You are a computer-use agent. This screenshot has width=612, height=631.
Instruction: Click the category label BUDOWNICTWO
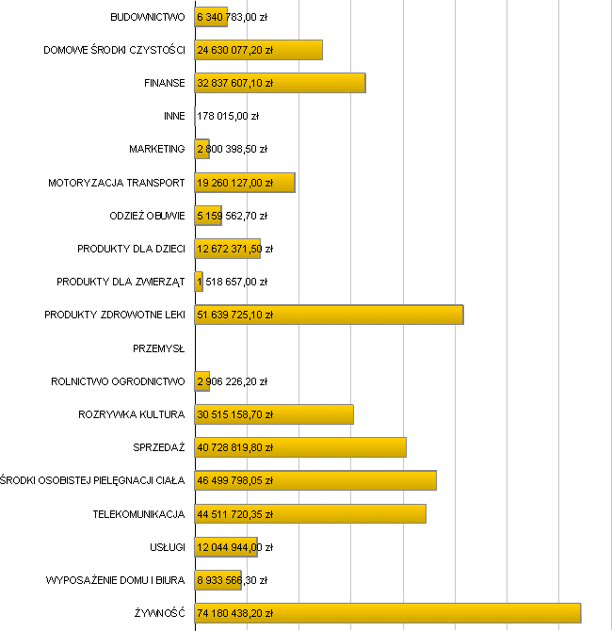147,17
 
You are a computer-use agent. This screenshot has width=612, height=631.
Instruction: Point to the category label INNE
174,117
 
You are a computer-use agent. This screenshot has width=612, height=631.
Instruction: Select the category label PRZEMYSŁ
159,348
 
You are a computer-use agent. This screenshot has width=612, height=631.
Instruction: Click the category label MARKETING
157,150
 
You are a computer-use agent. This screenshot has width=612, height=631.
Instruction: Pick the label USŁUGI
165,547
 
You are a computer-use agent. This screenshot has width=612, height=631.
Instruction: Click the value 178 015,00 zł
228,117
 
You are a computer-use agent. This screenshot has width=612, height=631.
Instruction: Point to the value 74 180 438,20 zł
234,613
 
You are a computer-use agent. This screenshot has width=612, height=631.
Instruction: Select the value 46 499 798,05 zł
234,480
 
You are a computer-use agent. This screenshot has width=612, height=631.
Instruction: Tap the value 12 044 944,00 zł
234,547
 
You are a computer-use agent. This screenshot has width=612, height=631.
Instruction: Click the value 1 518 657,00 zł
232,282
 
